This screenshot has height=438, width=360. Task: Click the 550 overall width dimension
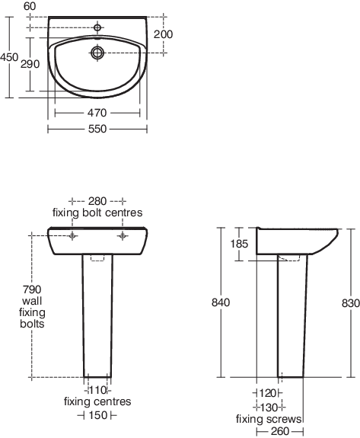97,129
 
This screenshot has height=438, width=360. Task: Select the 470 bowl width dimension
97,113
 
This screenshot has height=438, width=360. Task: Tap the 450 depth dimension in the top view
9,57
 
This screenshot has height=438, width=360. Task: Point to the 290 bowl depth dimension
30,64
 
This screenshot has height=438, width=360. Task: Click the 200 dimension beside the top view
163,34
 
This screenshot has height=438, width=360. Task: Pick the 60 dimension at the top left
30,6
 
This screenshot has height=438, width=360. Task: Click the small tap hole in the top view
97,27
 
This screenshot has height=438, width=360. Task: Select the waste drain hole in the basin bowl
97,53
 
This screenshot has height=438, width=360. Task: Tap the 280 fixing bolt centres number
97,201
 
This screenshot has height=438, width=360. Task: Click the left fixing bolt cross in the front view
72,236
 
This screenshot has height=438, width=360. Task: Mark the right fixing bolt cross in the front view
123,236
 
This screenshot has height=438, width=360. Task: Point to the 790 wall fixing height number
32,289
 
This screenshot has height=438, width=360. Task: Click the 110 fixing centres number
97,390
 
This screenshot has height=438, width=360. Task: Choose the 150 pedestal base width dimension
98,415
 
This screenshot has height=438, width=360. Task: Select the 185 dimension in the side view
239,244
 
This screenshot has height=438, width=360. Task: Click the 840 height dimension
221,302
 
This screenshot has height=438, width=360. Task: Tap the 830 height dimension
351,303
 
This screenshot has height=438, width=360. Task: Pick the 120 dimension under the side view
268,393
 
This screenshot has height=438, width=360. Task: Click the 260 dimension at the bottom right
280,432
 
